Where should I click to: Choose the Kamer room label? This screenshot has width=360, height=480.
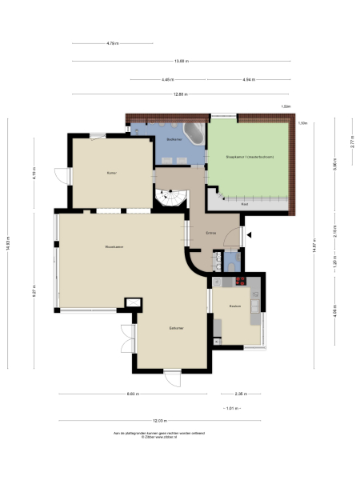click(112, 172)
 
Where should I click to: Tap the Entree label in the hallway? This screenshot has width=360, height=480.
click(211, 233)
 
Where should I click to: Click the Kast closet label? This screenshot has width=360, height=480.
click(246, 204)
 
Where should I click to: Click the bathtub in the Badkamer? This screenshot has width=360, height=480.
click(194, 131)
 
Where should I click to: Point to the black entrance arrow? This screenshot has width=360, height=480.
click(250, 235)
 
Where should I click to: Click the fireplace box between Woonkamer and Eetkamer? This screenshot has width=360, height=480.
click(132, 303)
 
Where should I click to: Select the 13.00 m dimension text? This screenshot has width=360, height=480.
click(181, 61)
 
